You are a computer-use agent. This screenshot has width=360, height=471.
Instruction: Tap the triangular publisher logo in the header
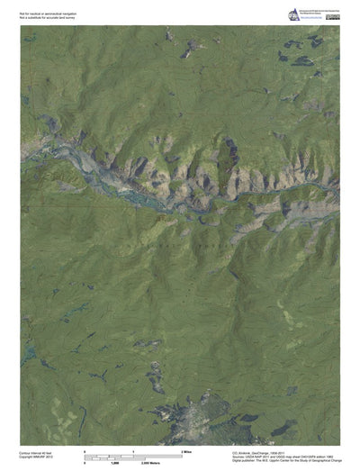292,14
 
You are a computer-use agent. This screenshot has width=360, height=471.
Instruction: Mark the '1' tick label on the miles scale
133,449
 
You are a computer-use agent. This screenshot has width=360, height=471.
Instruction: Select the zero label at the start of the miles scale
85,449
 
